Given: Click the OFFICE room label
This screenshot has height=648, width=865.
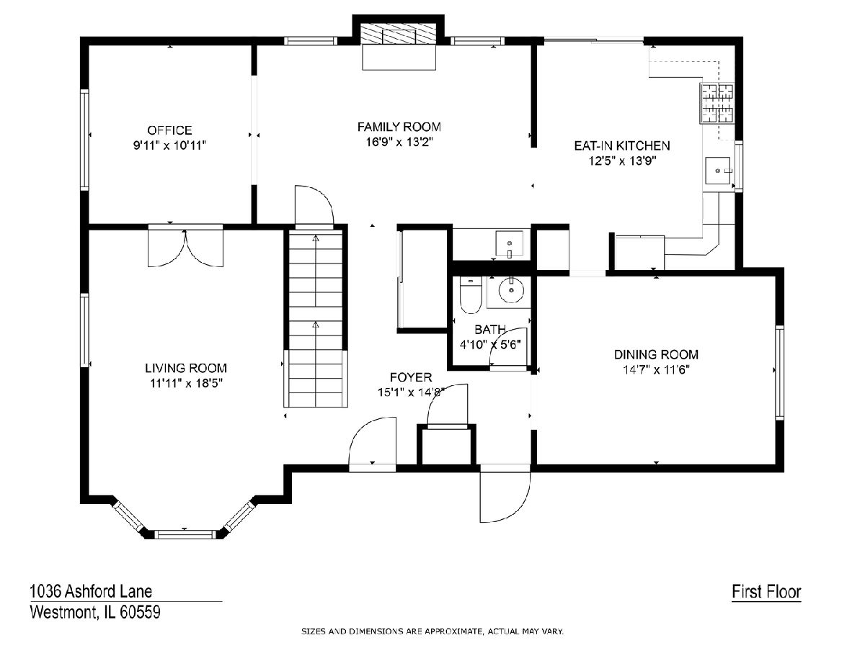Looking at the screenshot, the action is pos(169,130).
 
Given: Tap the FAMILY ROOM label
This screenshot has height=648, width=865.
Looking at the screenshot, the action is pos(399,127).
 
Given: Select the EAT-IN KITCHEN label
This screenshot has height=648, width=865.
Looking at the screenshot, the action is pos(622,146).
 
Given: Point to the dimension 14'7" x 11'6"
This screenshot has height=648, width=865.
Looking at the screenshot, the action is pos(656,370).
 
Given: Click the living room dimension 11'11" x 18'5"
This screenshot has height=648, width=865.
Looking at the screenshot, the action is pos(187,383).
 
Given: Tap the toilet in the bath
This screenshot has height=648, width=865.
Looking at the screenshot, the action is pos(471,295).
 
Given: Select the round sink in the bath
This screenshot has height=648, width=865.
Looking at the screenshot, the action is pos(511,290).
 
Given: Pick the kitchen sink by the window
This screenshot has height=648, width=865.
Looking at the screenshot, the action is pos(718,171).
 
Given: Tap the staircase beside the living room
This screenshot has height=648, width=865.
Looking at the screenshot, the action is pos(316,319).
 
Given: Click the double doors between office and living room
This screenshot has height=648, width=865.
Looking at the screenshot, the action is pos(185,248).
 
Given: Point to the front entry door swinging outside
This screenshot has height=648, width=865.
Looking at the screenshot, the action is pos(505,493).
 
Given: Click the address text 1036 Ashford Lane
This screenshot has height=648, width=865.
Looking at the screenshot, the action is pos(91,591).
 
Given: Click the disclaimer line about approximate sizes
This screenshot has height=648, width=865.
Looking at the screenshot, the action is pos(432,631).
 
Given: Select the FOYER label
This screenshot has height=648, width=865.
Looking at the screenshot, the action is pos(411,377).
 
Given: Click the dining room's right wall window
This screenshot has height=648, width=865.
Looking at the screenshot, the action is pos(779,372).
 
